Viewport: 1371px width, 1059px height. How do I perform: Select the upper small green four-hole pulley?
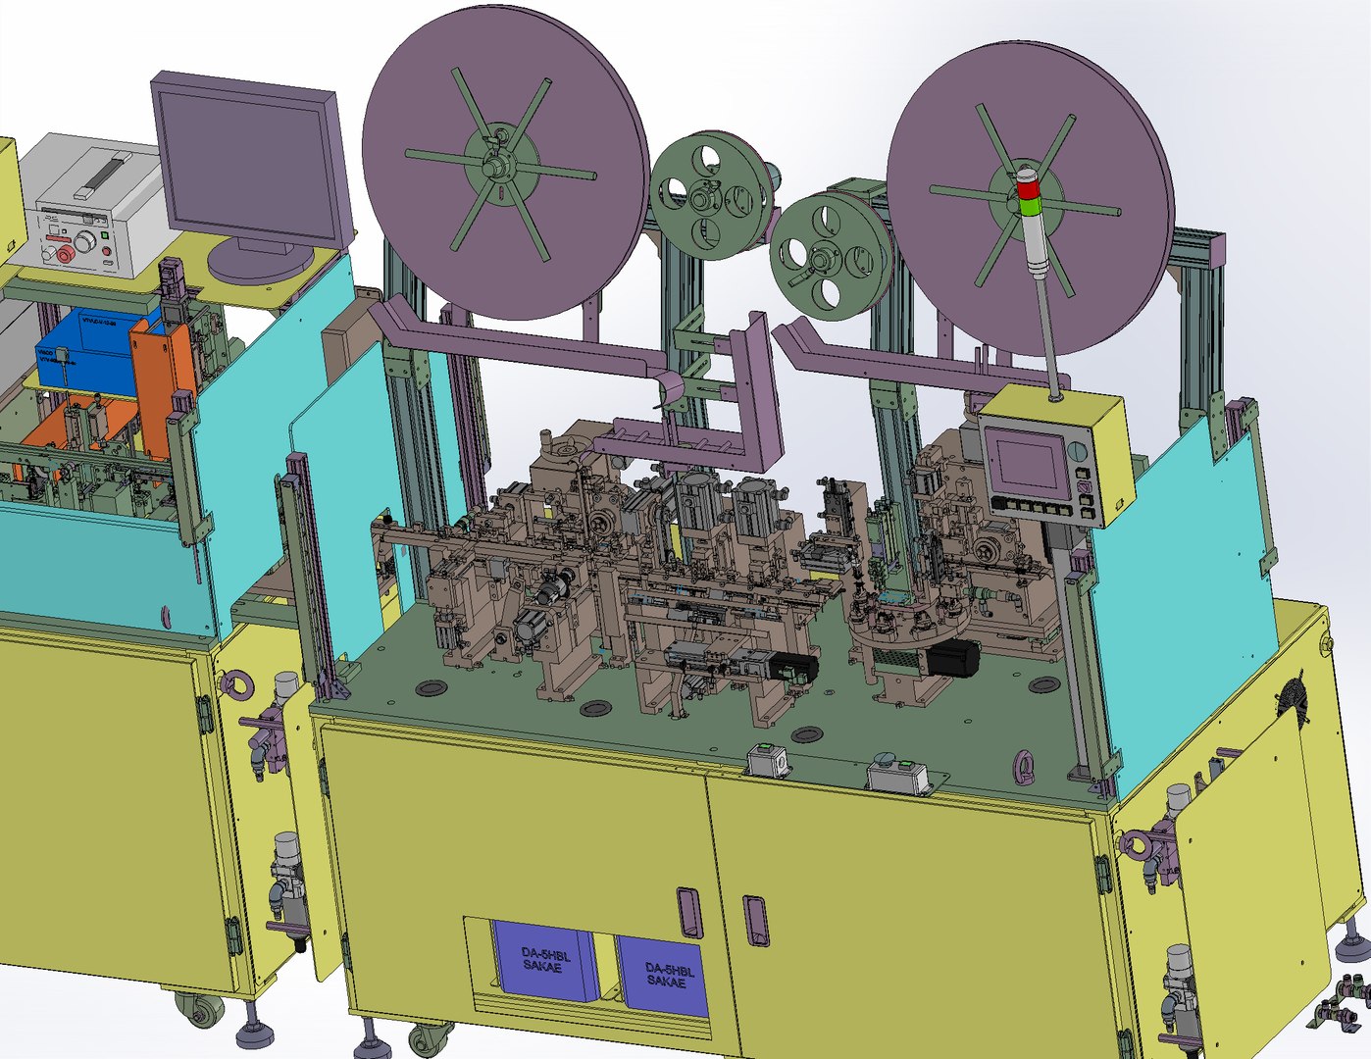(704, 196)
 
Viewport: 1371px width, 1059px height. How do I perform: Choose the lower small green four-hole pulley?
(827, 256)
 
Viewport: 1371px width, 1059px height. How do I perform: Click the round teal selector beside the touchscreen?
(1079, 452)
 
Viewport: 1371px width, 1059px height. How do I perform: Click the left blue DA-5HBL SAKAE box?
(544, 961)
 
